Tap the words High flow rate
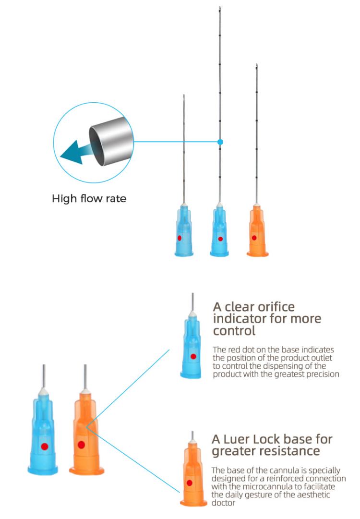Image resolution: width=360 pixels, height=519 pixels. (89, 198)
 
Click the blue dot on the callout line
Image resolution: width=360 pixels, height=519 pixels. (220, 142)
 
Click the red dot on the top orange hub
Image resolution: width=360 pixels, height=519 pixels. (254, 238)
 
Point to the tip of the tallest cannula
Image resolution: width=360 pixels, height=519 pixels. (220, 7)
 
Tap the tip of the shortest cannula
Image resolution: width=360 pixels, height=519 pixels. (184, 96)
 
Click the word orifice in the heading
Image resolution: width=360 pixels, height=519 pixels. (276, 307)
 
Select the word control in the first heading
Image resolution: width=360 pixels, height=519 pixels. (234, 331)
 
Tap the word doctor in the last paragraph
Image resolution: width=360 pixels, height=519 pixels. (223, 503)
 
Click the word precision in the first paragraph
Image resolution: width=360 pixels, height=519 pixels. (323, 374)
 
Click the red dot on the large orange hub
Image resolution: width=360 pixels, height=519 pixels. (81, 445)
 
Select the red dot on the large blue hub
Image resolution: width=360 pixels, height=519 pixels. (45, 447)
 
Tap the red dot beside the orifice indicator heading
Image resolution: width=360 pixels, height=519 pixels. (193, 356)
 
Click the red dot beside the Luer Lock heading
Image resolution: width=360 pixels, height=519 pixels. (190, 483)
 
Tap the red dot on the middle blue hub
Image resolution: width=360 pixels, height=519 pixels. (220, 239)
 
